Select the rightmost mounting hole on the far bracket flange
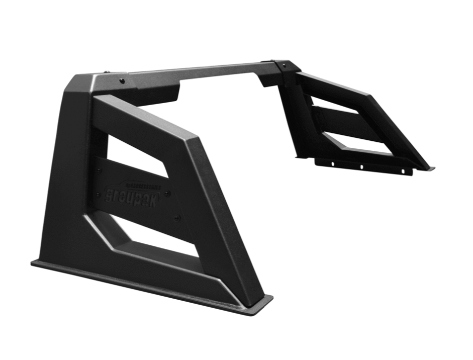pos(402,171)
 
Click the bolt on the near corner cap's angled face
pos(122,80)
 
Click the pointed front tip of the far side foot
pos(430,168)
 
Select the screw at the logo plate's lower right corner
pos(176,217)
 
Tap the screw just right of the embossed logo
pos(167,193)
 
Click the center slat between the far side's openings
pos(347,123)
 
